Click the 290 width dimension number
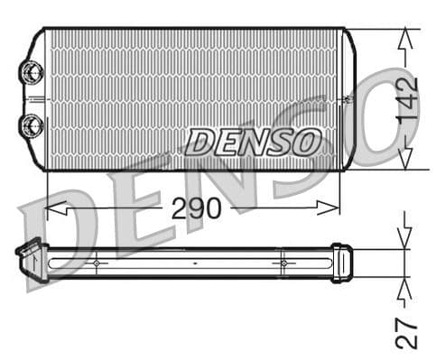coord(196,208)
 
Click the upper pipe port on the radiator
coord(32,70)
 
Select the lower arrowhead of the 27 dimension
coord(405,287)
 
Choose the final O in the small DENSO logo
coord(307,142)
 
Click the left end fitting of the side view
coord(31,259)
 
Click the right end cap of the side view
coord(341,263)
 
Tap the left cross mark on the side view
coord(95,263)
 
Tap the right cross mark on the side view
coord(283,263)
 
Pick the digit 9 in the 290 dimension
coord(196,208)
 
